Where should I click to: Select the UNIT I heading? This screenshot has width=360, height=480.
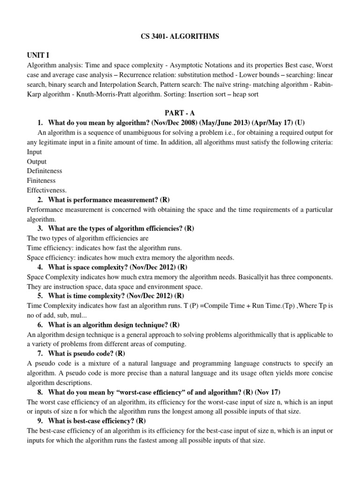[x=38, y=55]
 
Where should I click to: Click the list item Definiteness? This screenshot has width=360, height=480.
[x=45, y=171]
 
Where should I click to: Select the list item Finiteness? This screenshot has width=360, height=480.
[x=41, y=180]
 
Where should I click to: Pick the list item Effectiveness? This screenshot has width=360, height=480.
[x=47, y=190]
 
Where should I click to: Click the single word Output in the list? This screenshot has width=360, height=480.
[x=37, y=162]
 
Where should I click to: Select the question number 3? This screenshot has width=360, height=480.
[x=40, y=228]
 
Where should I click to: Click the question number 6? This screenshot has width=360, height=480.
[x=40, y=324]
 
